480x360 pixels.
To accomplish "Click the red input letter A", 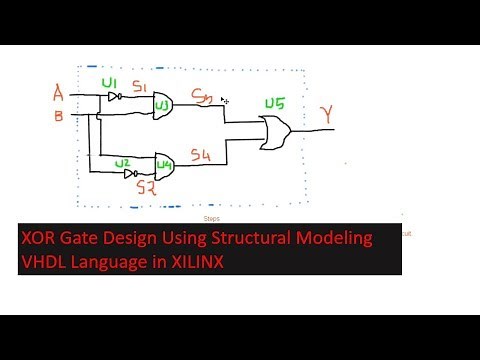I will [x=58, y=95].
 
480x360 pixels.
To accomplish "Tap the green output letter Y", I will [x=326, y=116].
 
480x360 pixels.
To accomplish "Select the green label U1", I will [x=111, y=82].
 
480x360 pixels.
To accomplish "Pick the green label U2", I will [x=122, y=162].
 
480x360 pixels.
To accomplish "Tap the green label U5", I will [x=273, y=103].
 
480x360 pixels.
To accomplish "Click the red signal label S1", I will [x=140, y=87].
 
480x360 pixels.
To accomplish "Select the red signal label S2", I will [x=146, y=187].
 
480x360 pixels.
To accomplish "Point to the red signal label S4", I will [x=200, y=156].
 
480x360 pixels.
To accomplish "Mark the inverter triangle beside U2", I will [x=130, y=172].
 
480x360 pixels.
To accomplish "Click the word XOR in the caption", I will [x=45, y=238].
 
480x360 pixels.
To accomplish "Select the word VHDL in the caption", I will [x=47, y=261].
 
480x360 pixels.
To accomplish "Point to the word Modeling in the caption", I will [x=336, y=238].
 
